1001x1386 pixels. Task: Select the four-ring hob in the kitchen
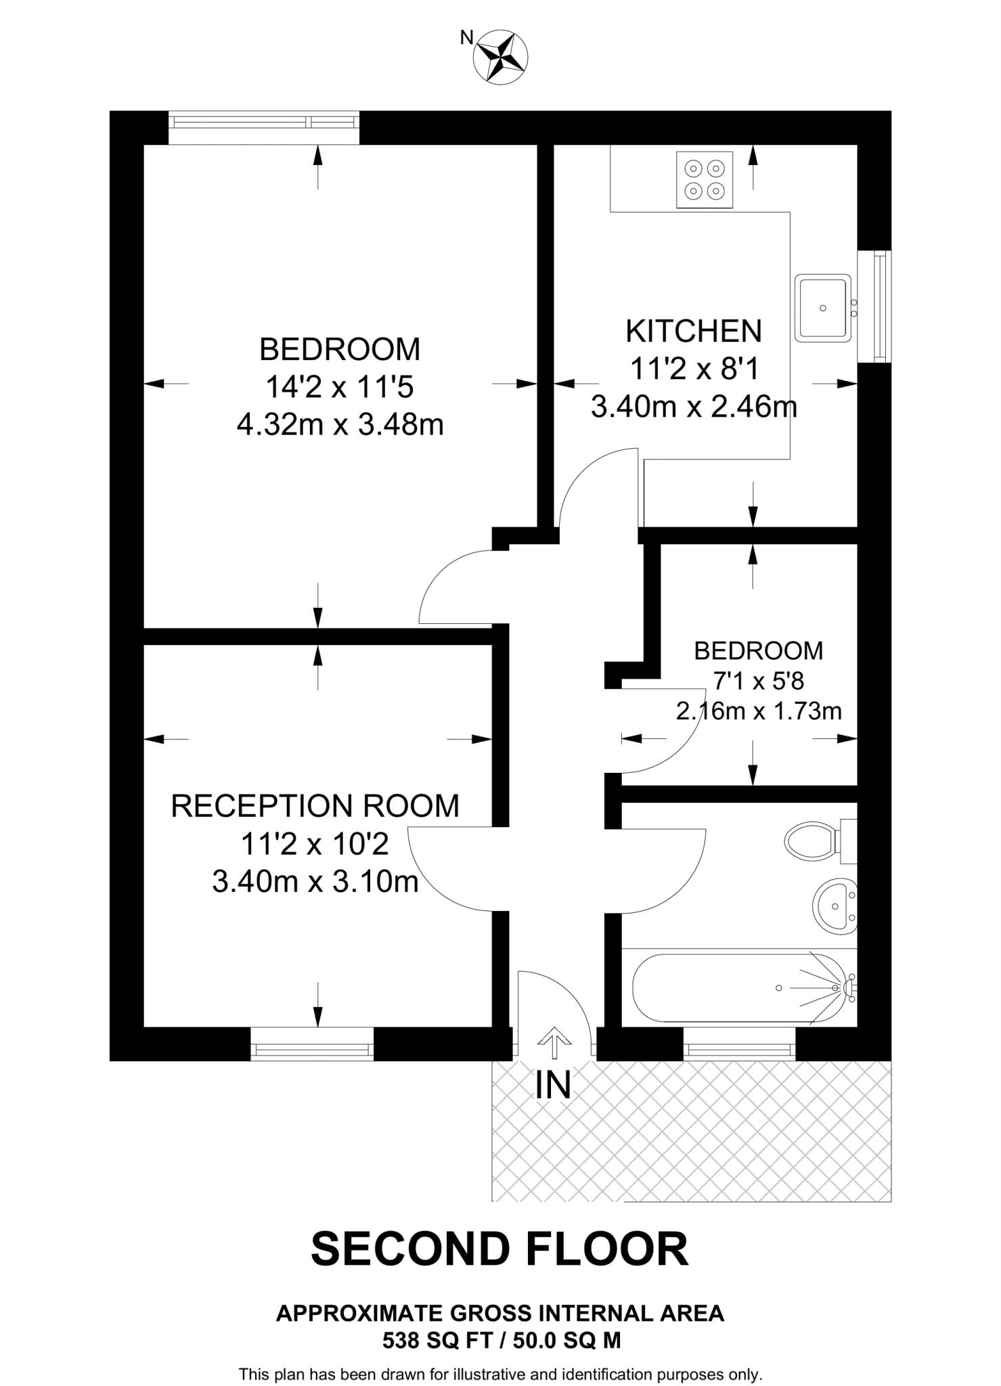(x=705, y=179)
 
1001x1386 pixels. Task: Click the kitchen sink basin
(x=822, y=308)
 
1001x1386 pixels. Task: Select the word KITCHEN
(x=694, y=332)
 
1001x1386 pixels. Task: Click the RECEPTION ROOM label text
(x=315, y=806)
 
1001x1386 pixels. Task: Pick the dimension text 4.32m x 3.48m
(x=340, y=426)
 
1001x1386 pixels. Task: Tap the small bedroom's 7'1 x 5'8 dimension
(x=759, y=681)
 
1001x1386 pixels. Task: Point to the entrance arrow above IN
(x=554, y=1043)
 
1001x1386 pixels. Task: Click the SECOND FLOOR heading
(x=500, y=1249)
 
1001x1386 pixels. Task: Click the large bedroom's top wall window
(x=264, y=123)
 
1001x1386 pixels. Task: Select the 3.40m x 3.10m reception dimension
(x=315, y=882)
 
